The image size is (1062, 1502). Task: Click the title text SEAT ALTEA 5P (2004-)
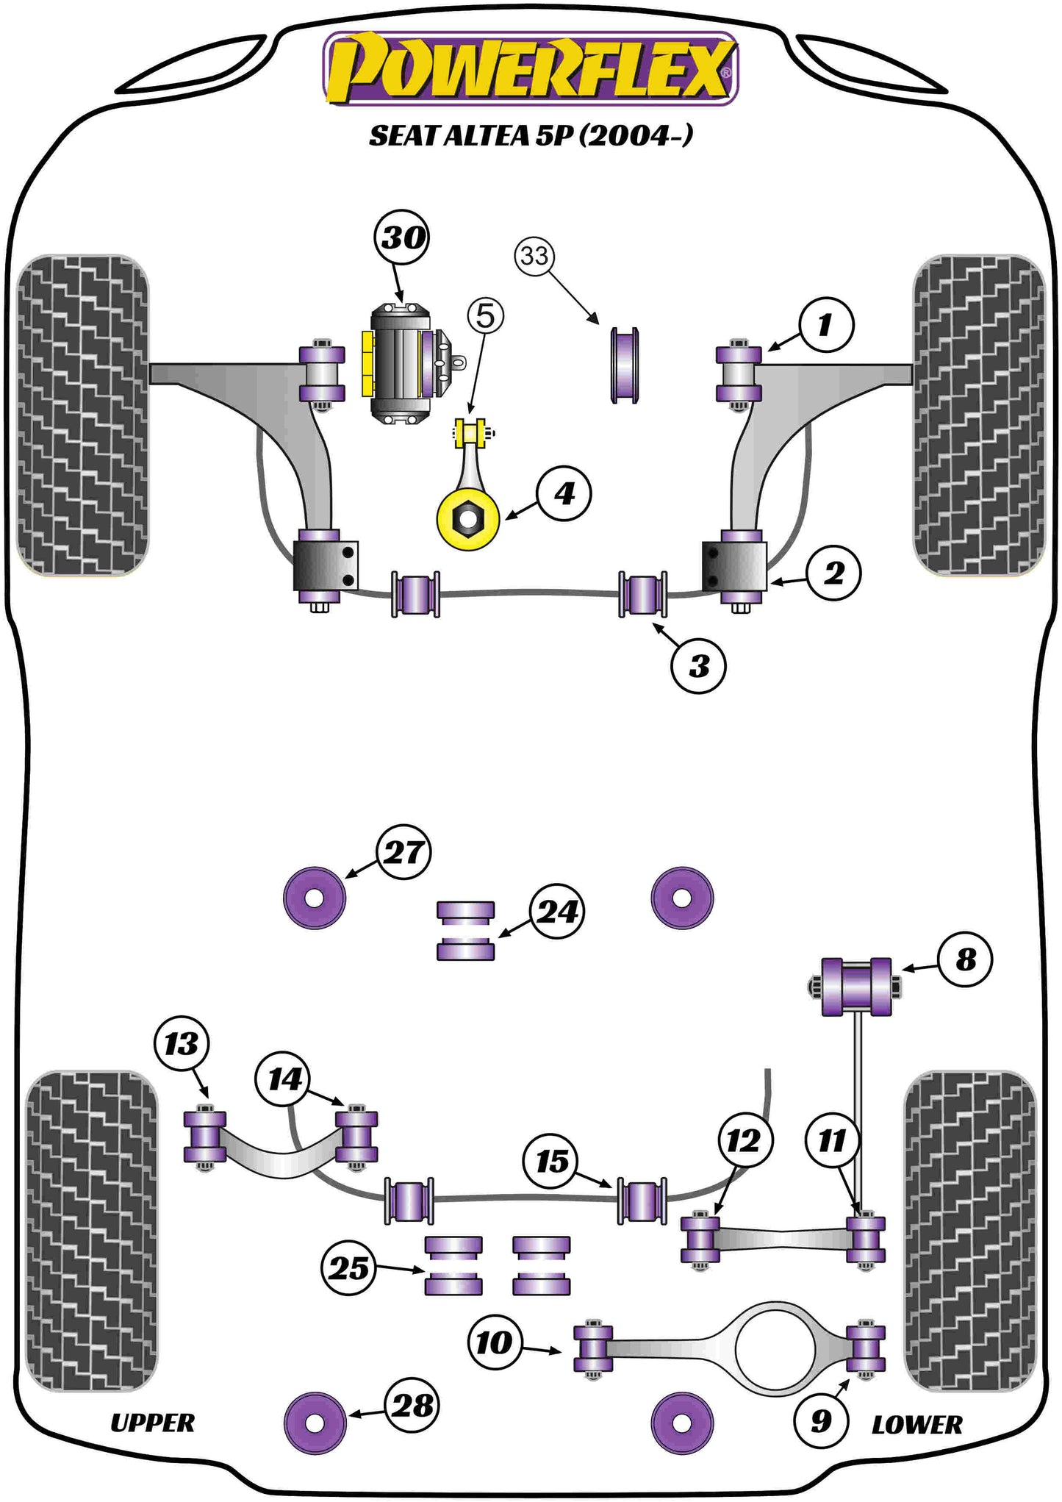pos(530,135)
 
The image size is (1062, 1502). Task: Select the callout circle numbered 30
pos(403,237)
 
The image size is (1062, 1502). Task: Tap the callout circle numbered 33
pos(534,256)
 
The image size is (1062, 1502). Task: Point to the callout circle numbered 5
pos(486,316)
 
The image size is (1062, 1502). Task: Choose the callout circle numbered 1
pos(825,325)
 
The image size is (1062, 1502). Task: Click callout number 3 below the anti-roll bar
pos(698,666)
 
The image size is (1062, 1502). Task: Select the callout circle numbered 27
pos(403,852)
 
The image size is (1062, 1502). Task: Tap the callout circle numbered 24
pos(557,912)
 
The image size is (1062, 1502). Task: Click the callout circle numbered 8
pos(965,959)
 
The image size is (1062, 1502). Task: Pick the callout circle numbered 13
pos(182,1043)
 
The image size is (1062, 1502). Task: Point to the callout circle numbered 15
pos(551,1162)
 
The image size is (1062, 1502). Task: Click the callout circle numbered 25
pos(348,1267)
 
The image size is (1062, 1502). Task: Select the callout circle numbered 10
pos(494,1342)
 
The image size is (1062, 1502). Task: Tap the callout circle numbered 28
pos(412,1406)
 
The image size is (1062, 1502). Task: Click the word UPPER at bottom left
pos(152,1423)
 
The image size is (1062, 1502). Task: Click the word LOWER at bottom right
pos(916,1425)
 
